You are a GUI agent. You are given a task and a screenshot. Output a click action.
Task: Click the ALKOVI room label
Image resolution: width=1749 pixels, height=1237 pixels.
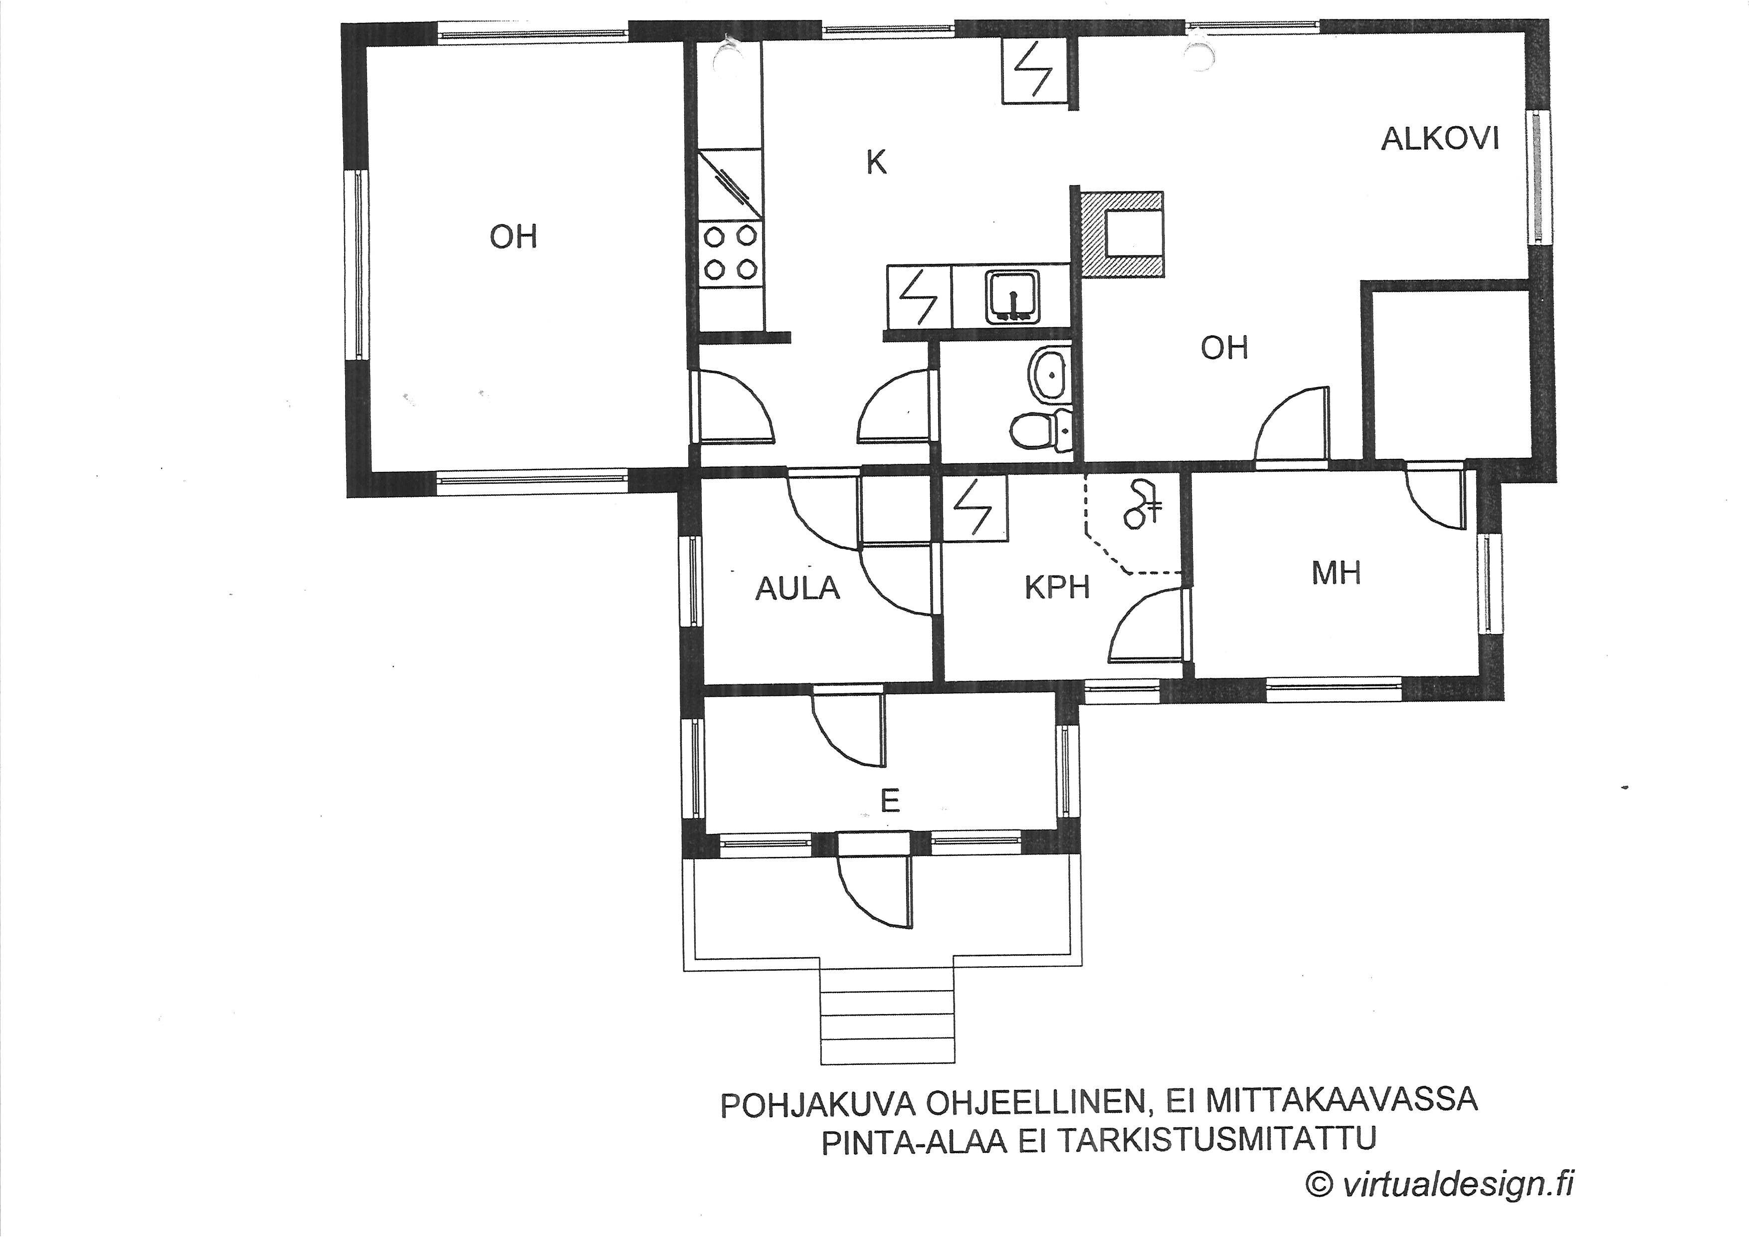click(x=1440, y=139)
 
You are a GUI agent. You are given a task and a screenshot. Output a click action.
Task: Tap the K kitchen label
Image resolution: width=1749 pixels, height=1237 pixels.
click(x=877, y=162)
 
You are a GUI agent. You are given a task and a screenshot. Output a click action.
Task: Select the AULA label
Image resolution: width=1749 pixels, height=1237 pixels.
click(x=797, y=588)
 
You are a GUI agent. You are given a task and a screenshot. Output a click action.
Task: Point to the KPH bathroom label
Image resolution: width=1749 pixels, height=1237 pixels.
click(x=1057, y=587)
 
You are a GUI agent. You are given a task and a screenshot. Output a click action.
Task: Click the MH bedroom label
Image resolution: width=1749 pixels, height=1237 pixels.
click(x=1337, y=573)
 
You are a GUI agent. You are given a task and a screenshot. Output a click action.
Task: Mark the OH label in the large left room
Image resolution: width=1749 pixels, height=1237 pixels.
click(x=513, y=237)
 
